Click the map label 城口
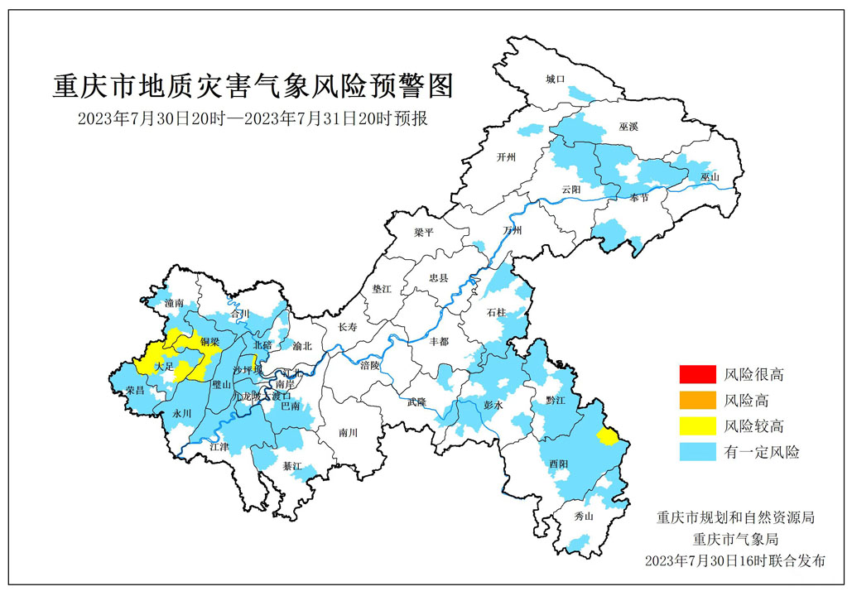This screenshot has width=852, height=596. tap(555, 79)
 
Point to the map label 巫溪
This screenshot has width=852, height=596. tap(628, 127)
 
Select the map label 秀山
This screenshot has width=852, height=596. tap(584, 517)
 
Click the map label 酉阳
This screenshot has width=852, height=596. tap(559, 465)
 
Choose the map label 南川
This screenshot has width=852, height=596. tap(348, 433)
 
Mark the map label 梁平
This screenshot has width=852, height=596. tap(424, 233)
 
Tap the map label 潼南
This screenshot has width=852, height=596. tap(174, 304)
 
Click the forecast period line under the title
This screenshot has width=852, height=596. tap(253, 118)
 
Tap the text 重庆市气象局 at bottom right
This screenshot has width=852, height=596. tap(735, 539)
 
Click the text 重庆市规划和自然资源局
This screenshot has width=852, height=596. tap(735, 518)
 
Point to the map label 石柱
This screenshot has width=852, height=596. tap(496, 312)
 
